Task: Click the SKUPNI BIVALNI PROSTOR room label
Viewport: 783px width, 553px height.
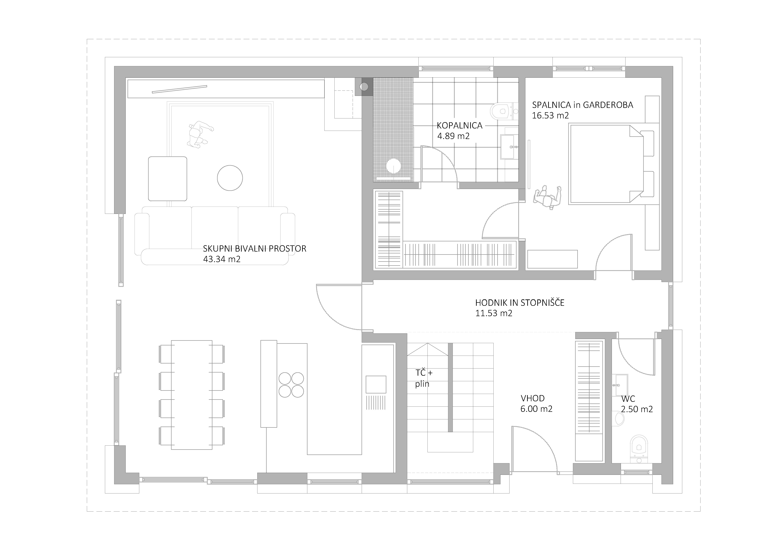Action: click(x=254, y=249)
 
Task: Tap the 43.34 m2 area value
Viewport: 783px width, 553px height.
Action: click(x=222, y=259)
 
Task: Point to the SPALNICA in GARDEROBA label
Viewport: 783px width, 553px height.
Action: click(x=582, y=105)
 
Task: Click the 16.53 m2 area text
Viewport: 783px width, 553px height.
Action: click(x=550, y=116)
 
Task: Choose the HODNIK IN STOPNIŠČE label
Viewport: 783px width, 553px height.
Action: click(x=520, y=303)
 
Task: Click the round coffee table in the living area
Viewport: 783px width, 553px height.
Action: click(x=230, y=178)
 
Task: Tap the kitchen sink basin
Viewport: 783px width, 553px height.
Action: click(x=376, y=384)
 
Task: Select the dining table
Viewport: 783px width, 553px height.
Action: click(x=192, y=395)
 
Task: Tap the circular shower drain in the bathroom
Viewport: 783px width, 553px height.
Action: click(x=394, y=166)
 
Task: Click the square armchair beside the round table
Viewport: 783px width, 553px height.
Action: click(x=167, y=178)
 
